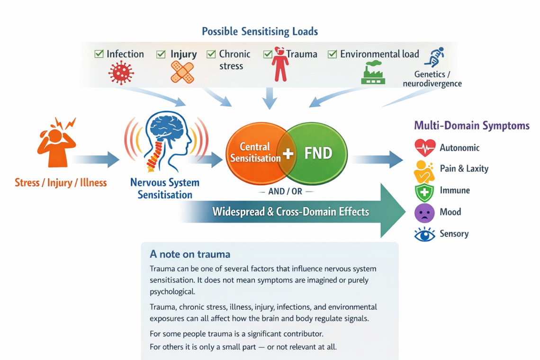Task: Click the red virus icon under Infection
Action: [121, 72]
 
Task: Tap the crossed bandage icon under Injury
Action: [182, 72]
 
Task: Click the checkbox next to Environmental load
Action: [333, 54]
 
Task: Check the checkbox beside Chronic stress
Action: [211, 54]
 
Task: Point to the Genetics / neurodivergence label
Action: [432, 79]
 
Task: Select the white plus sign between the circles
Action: [288, 153]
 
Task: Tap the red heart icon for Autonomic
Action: [424, 148]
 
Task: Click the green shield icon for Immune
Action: [424, 191]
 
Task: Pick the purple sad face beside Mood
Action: [424, 213]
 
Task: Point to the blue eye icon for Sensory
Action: [424, 234]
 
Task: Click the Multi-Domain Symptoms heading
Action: [471, 126]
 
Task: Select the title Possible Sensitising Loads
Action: [260, 32]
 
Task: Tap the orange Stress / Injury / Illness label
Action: [61, 182]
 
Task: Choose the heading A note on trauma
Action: [190, 254]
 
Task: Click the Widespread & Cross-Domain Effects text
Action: [290, 211]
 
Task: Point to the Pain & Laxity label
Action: [464, 169]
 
